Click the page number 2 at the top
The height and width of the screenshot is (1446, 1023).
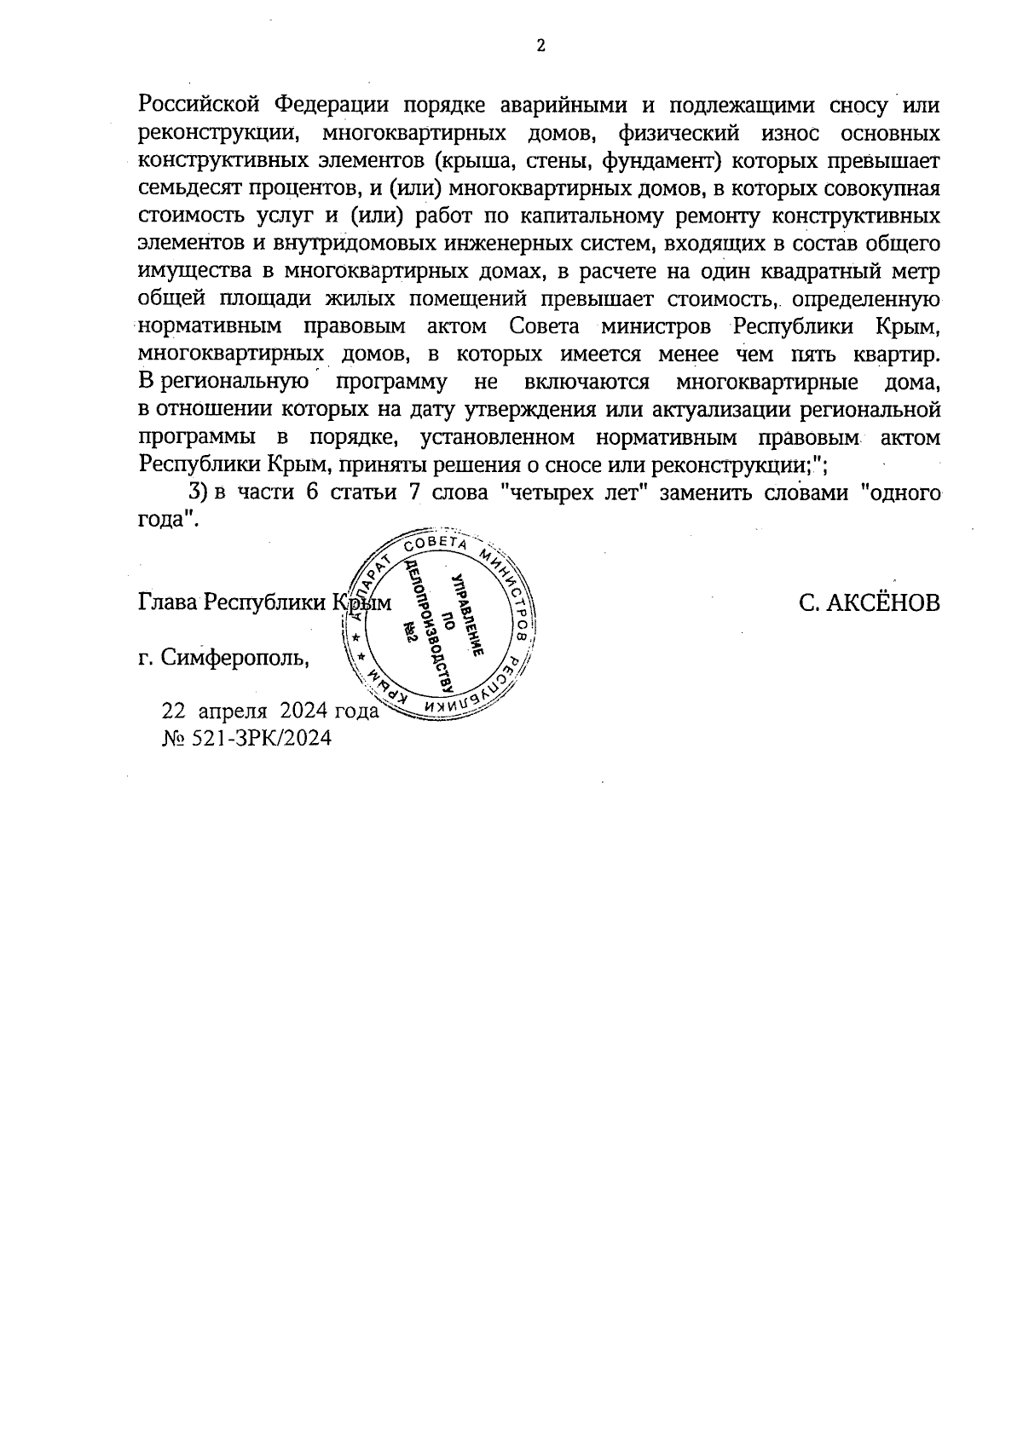pos(540,46)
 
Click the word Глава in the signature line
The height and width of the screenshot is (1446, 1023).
pos(167,603)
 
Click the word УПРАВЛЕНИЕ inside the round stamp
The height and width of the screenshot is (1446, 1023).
pos(467,614)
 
